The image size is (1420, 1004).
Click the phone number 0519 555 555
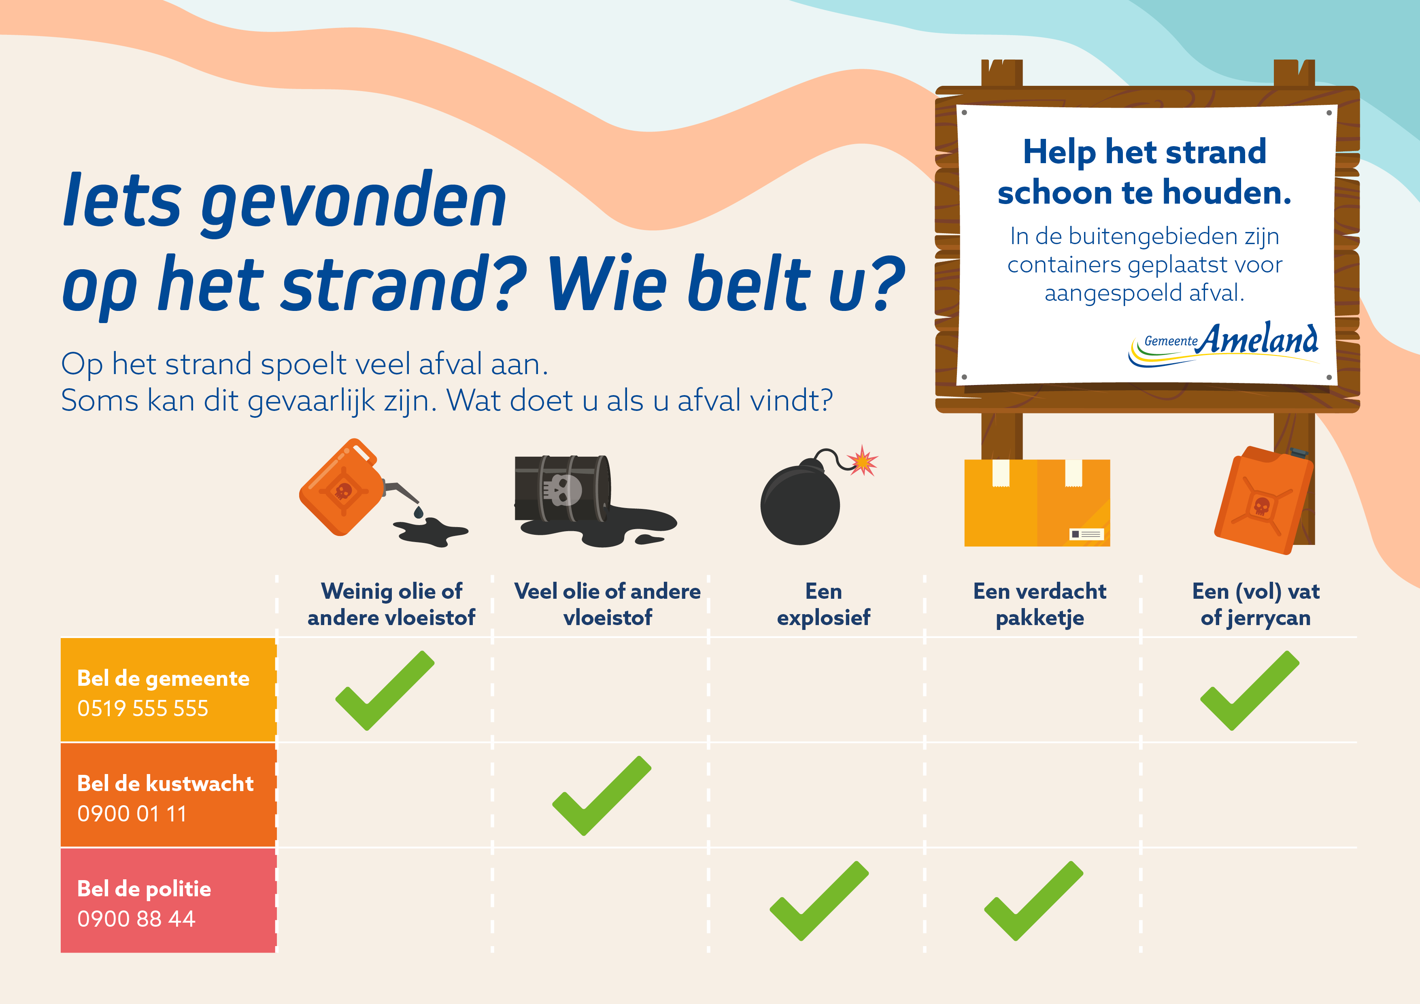pyautogui.click(x=143, y=708)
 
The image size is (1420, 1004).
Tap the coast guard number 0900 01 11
pyautogui.click(x=132, y=813)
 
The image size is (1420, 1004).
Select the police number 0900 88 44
pyautogui.click(x=136, y=919)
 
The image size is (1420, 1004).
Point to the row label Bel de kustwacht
pyautogui.click(x=165, y=784)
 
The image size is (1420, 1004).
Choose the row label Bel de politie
pyautogui.click(x=144, y=889)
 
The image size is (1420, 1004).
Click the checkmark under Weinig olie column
pyautogui.click(x=385, y=690)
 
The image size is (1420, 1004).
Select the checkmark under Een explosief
pyautogui.click(x=819, y=901)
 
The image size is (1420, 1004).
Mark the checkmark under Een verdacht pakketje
pyautogui.click(x=1033, y=901)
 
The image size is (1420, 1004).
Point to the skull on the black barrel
pyautogui.click(x=561, y=490)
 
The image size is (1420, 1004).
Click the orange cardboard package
pyautogui.click(x=1037, y=503)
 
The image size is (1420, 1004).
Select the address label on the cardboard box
pyautogui.click(x=1086, y=534)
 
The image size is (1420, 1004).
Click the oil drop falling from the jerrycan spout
pyautogui.click(x=419, y=512)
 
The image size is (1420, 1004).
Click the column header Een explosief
pyautogui.click(x=824, y=604)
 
